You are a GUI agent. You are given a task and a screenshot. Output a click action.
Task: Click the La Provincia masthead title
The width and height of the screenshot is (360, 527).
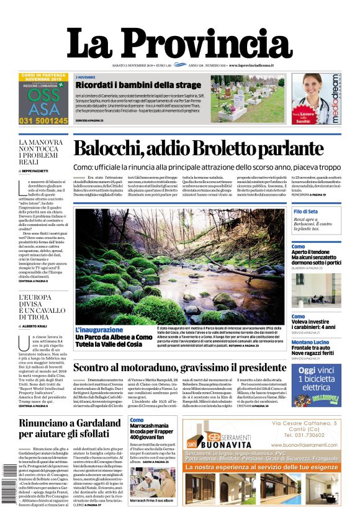point(179,45)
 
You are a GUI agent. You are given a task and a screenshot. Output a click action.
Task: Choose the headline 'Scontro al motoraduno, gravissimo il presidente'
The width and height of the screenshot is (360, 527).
point(180,367)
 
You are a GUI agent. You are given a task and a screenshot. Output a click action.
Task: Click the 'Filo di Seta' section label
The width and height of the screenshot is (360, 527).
point(306,212)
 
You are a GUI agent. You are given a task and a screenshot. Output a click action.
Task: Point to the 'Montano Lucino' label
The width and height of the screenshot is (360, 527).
point(310,342)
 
